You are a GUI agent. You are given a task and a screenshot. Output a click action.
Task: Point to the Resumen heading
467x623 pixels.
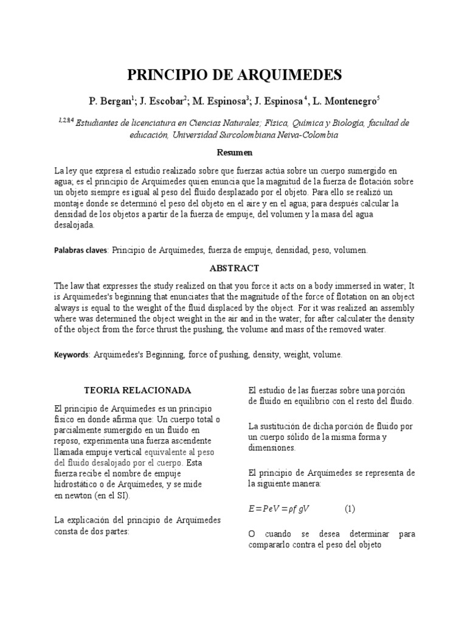(234, 152)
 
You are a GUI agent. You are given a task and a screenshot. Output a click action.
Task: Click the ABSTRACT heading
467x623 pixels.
(234, 268)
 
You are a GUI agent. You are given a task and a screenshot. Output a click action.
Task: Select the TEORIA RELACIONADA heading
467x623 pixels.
(137, 390)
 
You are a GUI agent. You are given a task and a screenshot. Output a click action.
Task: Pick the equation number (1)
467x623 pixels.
(350, 509)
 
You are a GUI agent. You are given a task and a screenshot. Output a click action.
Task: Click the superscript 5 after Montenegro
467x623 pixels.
(378, 97)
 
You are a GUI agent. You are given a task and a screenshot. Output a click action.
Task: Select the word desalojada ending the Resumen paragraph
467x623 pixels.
(75, 225)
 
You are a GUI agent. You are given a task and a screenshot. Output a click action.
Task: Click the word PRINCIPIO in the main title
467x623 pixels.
(168, 75)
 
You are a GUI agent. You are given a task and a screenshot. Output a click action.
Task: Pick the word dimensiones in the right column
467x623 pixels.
(272, 448)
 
